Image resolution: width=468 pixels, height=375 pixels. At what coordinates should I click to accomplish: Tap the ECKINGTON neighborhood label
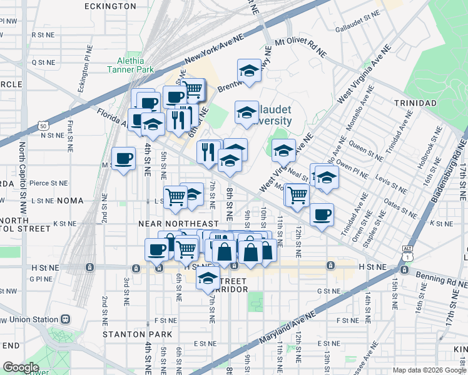tap(111, 6)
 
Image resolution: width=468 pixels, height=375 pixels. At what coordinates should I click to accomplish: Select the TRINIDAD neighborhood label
tap(415, 102)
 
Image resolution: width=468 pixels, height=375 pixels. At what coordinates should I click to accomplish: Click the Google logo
tap(21, 367)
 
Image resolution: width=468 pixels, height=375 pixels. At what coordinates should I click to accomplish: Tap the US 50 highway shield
tap(43, 126)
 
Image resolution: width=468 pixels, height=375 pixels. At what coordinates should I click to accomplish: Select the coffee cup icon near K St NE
tap(322, 216)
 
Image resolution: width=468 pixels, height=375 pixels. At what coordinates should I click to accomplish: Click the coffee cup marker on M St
tap(123, 158)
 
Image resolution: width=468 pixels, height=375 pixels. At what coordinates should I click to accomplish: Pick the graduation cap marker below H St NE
tap(208, 279)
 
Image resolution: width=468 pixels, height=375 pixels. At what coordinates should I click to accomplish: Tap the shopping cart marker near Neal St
tap(297, 195)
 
